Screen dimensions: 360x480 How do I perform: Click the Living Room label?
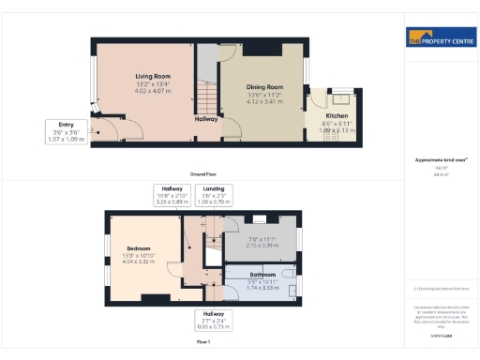(151, 77)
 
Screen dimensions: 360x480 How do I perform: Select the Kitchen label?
(336, 116)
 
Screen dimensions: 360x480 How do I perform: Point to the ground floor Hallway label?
(206, 119)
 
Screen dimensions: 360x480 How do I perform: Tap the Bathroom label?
(262, 275)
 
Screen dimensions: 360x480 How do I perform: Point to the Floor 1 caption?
(202, 343)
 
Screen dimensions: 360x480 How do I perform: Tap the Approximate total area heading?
(439, 160)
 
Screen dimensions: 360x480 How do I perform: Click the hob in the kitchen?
(339, 97)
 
